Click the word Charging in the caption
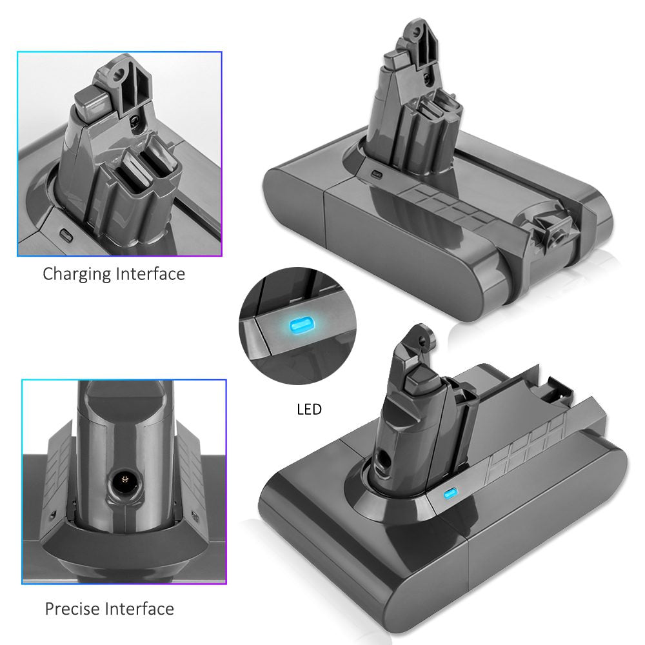point(77,274)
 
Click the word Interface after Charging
point(150,273)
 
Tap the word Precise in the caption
point(74,609)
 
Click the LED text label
point(309,410)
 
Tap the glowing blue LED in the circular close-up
point(301,324)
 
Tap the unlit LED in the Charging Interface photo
point(66,235)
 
